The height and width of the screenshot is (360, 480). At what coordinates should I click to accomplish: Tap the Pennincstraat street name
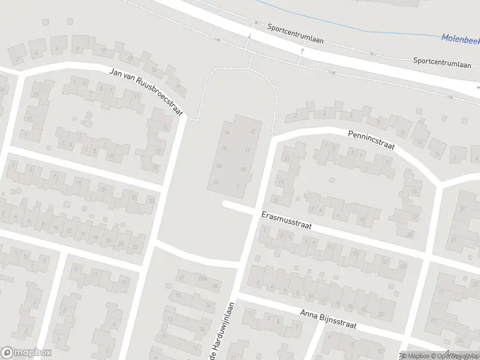coord(370,143)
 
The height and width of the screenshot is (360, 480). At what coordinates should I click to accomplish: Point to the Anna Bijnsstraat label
coord(328,320)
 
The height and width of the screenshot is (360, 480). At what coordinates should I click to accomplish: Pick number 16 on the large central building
coord(227,132)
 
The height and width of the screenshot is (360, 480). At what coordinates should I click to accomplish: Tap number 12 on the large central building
coord(253,131)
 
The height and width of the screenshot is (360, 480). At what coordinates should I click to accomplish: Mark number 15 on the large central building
coord(224,148)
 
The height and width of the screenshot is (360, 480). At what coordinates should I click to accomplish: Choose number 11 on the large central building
coord(247,150)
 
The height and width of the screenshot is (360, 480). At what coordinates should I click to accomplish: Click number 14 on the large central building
coord(219,166)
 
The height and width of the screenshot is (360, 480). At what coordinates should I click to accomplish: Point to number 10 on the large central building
coord(243,169)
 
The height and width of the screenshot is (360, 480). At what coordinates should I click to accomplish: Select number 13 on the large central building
coord(215,181)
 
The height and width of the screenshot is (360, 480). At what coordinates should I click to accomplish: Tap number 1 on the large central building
coord(238,187)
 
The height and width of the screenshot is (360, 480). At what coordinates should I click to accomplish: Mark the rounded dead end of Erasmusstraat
coord(226,205)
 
